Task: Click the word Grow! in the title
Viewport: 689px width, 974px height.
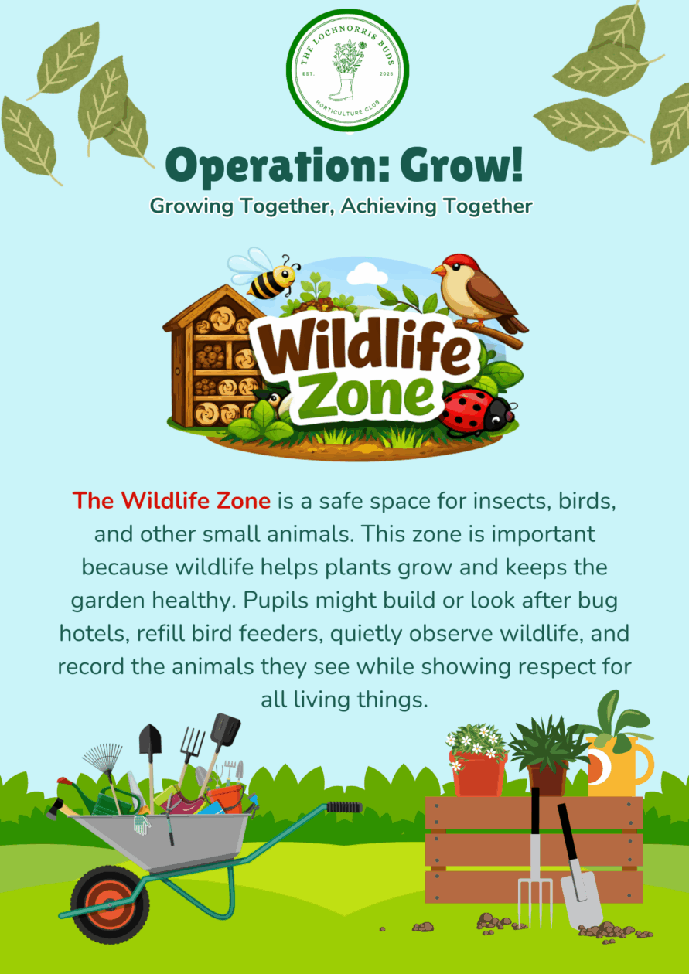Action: click(x=462, y=165)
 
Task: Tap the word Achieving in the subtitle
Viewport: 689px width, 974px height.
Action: click(x=388, y=206)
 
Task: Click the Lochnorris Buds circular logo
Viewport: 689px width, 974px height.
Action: click(x=347, y=70)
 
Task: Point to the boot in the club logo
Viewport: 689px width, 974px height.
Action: click(x=343, y=87)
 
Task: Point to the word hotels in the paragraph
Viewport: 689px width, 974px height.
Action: click(x=95, y=634)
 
